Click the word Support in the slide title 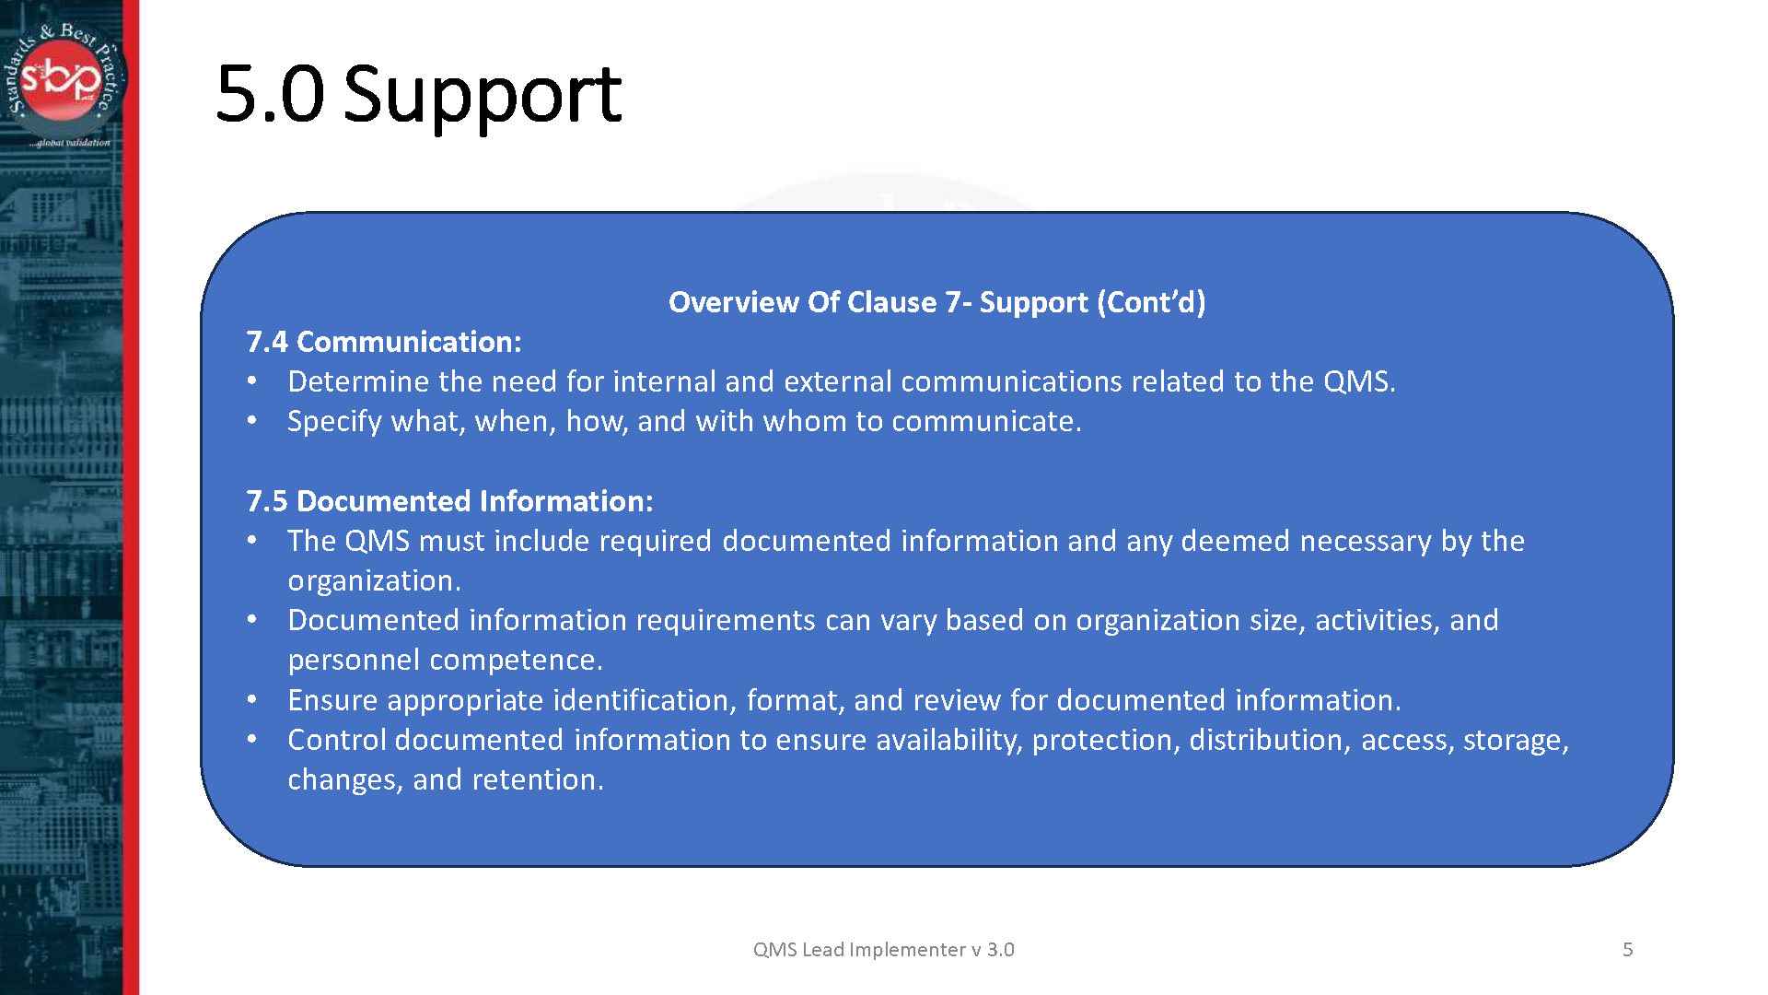[482, 95]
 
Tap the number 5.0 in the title [270, 95]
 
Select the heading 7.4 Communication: [383, 342]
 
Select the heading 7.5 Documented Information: [449, 501]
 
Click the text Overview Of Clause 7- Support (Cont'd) [936, 302]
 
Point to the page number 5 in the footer [1627, 949]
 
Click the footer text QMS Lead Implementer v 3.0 [883, 949]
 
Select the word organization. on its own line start [374, 580]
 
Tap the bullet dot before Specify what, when [252, 421]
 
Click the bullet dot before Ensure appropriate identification [252, 700]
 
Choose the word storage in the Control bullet [1515, 740]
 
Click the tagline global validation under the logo [69, 143]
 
